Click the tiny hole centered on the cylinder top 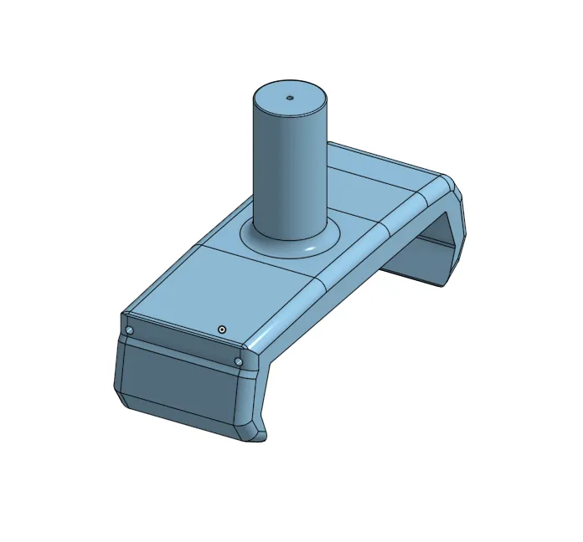[x=290, y=97]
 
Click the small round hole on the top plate [x=222, y=330]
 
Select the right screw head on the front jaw [x=239, y=361]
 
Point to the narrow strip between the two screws [x=184, y=346]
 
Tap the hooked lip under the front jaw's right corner [x=260, y=430]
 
